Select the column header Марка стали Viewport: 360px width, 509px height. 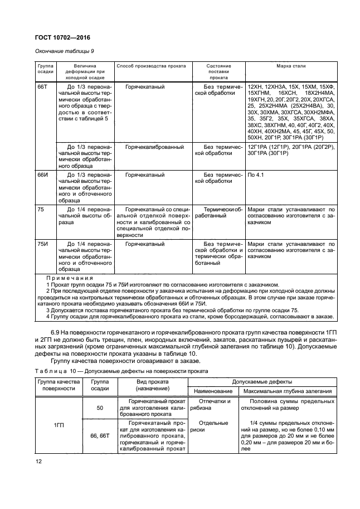291,66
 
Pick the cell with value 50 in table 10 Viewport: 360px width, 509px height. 100,408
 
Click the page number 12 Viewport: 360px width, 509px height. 38,462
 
